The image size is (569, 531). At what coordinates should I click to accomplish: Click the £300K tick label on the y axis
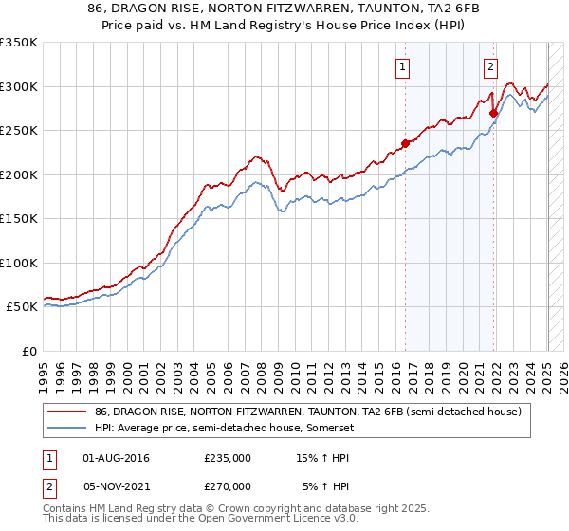pos(19,86)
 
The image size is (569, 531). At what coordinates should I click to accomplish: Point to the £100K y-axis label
pos(19,263)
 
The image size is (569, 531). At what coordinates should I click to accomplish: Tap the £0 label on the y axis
pos(28,351)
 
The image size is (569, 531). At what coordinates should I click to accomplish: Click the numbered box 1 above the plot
pos(404,66)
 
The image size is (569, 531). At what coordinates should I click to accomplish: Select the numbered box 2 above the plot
pos(490,66)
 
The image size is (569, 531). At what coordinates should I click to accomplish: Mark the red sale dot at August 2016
pos(405,143)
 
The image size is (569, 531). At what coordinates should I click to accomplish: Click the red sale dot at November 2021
pos(493,113)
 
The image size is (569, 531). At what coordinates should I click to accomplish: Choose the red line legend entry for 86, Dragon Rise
pos(307,412)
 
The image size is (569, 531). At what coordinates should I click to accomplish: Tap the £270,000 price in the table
pos(228,486)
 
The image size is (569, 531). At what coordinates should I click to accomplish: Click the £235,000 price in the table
pos(228,458)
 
